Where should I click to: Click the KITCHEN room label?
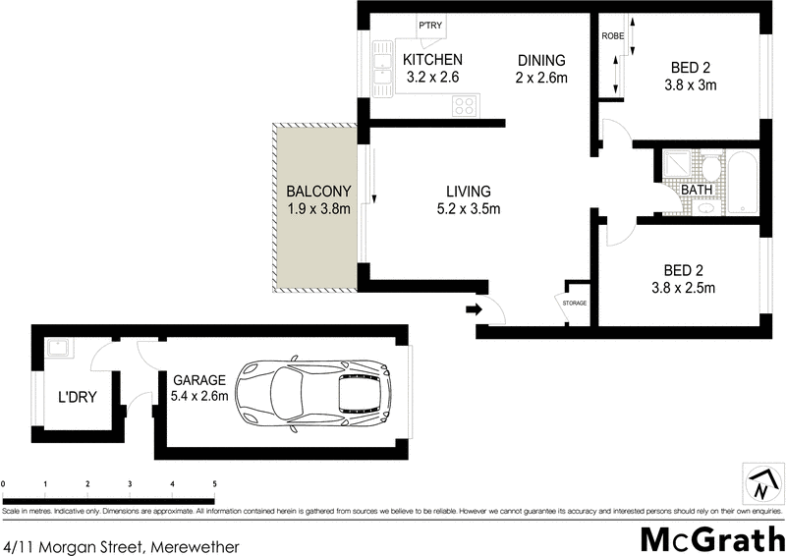pos(432,60)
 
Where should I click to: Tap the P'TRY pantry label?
pos(429,26)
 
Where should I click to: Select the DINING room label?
pos(541,60)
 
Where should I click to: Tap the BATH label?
pos(697,190)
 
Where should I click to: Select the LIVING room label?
pos(468,191)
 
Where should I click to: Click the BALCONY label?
pos(313,191)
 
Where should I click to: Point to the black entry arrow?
pos(473,310)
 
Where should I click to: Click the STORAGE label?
pos(575,303)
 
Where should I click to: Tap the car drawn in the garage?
pos(315,392)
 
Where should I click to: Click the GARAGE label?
pos(199,380)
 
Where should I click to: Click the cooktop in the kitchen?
pos(465,105)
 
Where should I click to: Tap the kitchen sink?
pos(381,72)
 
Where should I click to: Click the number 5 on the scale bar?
pos(214,484)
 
